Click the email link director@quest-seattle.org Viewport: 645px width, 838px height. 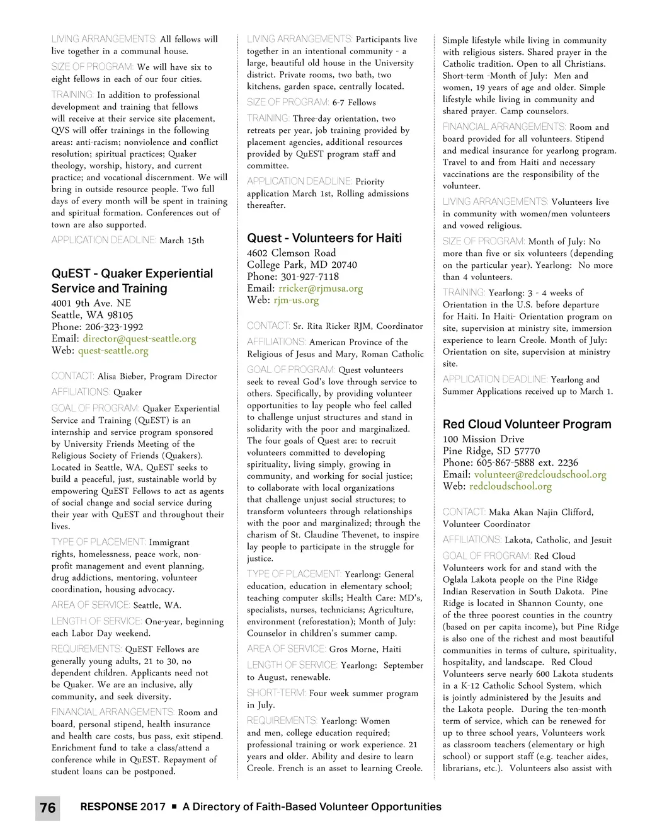tap(139, 338)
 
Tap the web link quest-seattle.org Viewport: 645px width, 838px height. tap(113, 350)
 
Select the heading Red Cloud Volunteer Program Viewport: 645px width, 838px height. tap(527, 424)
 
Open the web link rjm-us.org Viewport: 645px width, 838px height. tap(296, 300)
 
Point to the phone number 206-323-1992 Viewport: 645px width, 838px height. tap(114, 326)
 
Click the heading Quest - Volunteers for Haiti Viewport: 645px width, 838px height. tap(324, 238)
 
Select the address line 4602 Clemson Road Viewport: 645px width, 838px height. tap(291, 253)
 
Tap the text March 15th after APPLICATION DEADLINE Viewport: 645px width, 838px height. tap(182, 240)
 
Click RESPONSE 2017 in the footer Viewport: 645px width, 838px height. tap(123, 806)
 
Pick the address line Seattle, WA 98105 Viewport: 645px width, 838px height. tap(92, 314)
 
